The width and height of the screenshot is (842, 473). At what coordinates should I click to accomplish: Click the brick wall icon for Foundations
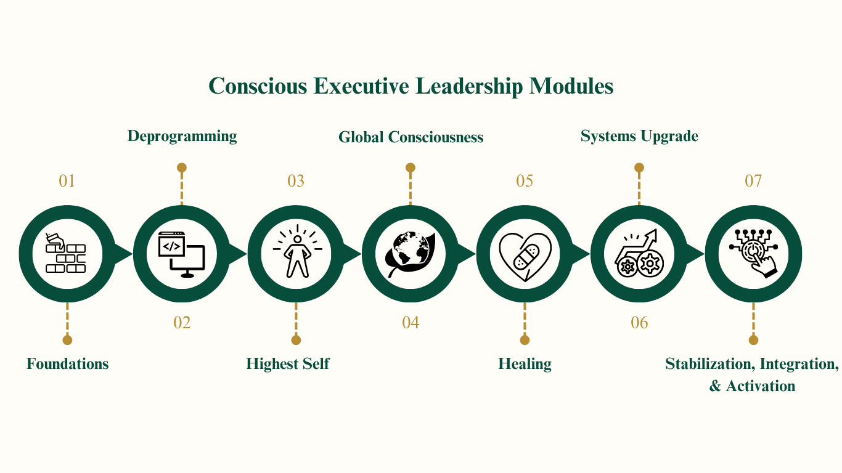click(x=67, y=253)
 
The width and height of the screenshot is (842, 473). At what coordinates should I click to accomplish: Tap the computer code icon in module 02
click(x=181, y=253)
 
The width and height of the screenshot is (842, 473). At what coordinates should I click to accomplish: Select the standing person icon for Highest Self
click(x=296, y=253)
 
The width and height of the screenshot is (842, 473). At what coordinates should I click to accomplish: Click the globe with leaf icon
click(x=411, y=253)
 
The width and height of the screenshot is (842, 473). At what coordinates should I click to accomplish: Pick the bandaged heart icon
click(x=525, y=253)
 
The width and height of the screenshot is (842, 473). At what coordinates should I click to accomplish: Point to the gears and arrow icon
click(x=639, y=253)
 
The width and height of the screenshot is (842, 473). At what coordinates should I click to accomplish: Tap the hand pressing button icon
click(x=753, y=253)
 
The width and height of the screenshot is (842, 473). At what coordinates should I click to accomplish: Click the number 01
click(x=67, y=181)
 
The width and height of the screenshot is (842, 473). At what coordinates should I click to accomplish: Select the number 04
click(x=411, y=322)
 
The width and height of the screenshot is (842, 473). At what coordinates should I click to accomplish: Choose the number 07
click(x=753, y=181)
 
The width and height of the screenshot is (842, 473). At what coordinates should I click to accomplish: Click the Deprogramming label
click(x=182, y=136)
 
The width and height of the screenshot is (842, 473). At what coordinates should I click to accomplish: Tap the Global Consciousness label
click(x=411, y=137)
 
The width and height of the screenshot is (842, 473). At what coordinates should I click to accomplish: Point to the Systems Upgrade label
click(x=639, y=136)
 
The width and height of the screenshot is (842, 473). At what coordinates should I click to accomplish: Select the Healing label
click(x=525, y=364)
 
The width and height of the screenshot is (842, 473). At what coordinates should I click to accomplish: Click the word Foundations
click(x=67, y=364)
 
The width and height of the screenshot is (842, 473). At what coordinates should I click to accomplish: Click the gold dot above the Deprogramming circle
click(x=181, y=168)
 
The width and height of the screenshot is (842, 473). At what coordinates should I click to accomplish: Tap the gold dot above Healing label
click(x=525, y=340)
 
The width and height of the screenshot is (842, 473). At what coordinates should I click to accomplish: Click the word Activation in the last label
click(x=761, y=386)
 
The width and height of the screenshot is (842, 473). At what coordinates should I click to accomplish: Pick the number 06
click(x=639, y=322)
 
